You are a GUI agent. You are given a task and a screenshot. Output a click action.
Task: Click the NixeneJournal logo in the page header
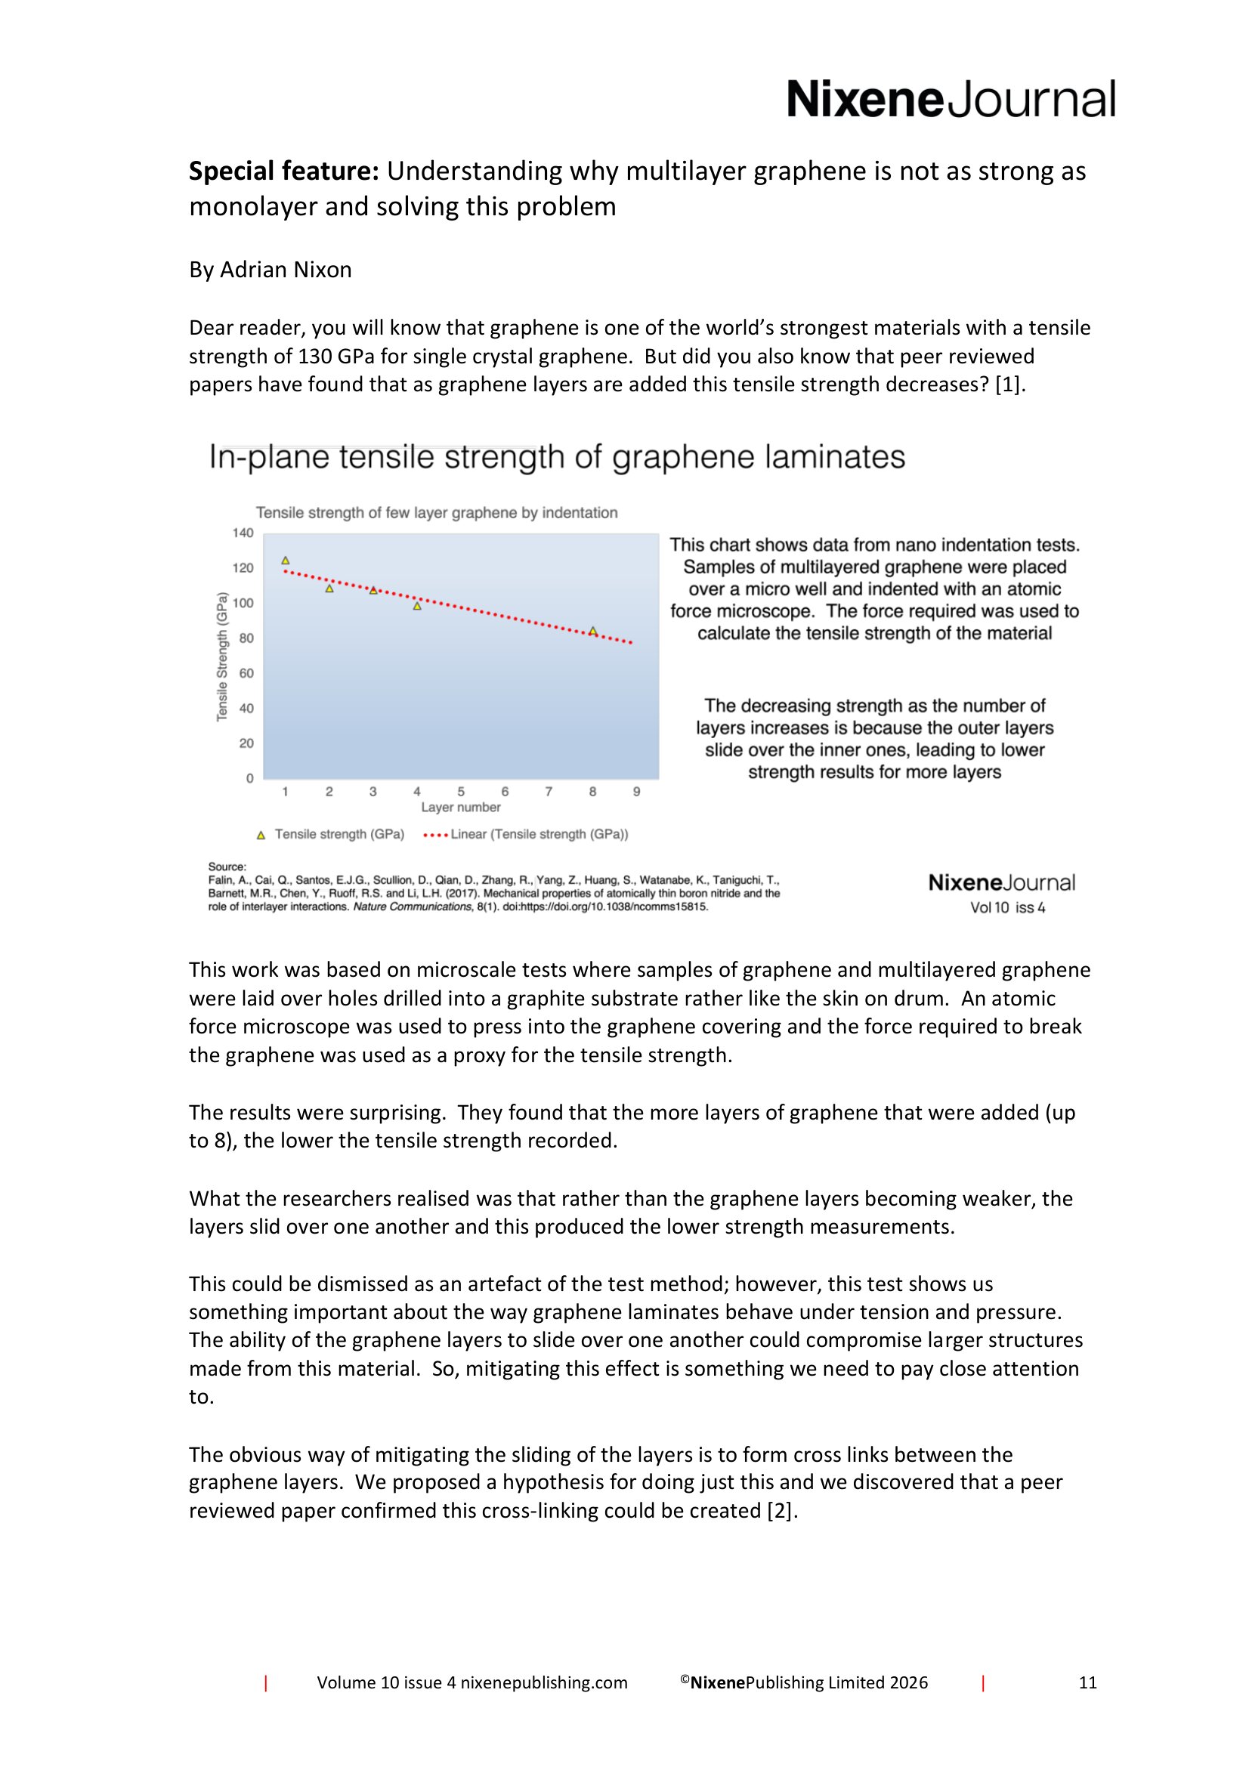(x=950, y=99)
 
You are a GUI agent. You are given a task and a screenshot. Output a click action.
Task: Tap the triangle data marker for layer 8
(x=592, y=631)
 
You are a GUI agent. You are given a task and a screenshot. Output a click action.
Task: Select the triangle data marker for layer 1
(x=286, y=561)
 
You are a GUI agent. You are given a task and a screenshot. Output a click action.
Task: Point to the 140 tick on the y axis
(x=243, y=533)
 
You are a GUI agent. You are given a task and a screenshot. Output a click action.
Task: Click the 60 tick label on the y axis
(x=246, y=673)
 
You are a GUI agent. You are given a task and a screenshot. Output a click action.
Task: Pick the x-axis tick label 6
(x=505, y=791)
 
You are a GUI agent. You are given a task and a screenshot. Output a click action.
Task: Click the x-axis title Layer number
(x=460, y=808)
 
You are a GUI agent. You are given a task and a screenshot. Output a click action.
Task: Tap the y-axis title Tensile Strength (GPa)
(x=222, y=656)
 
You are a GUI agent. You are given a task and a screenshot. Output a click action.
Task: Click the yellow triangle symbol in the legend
(x=261, y=835)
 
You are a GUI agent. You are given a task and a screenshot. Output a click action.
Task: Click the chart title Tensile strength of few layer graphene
(x=436, y=512)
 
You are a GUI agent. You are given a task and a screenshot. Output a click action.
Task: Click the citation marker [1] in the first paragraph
(x=1009, y=384)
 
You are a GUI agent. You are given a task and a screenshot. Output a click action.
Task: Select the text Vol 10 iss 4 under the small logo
(x=1007, y=907)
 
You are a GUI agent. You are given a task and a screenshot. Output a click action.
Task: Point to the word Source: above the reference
(x=227, y=867)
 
